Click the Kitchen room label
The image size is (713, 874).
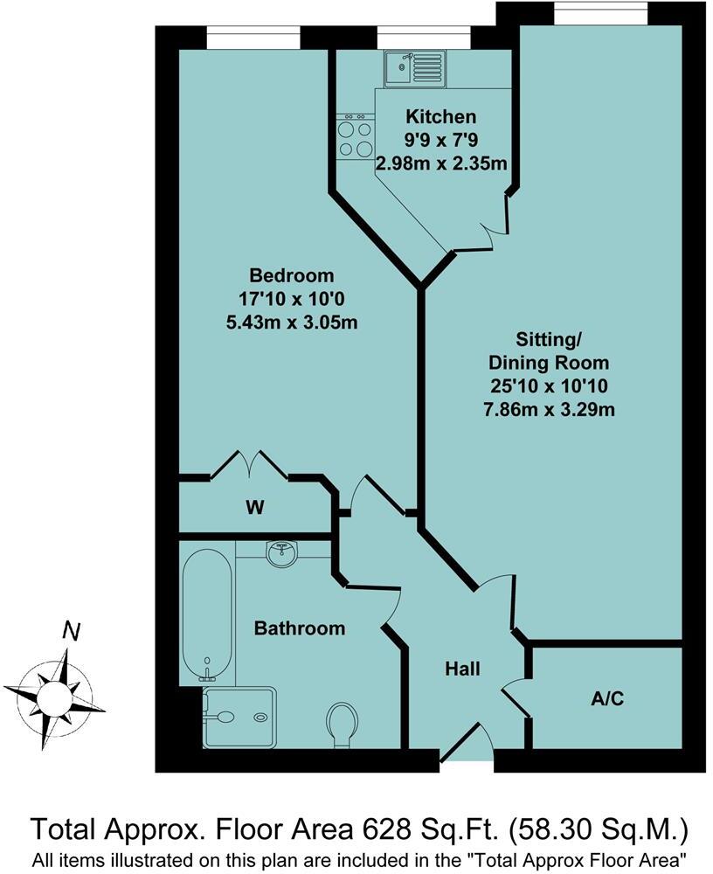(x=440, y=117)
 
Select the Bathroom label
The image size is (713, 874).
(x=300, y=628)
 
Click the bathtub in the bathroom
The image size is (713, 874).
(x=207, y=612)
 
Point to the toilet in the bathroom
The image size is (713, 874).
(x=341, y=725)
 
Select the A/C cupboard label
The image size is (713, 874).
(x=608, y=698)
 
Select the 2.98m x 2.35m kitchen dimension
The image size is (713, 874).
(x=442, y=163)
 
